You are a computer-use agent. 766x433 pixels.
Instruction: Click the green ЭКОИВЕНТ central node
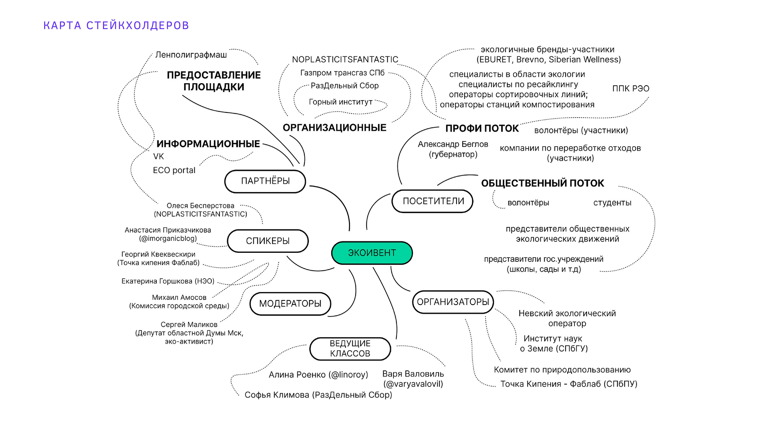[x=372, y=253]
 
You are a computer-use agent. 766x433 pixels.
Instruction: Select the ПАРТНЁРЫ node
[x=265, y=181]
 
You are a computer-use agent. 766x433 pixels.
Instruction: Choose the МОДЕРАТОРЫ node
[x=290, y=304]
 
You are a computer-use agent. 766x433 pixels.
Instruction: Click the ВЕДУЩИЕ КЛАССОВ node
[x=350, y=349]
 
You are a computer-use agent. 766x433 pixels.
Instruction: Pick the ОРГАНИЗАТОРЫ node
[x=453, y=302]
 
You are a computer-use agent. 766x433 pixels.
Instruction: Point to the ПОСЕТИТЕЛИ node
[x=433, y=201]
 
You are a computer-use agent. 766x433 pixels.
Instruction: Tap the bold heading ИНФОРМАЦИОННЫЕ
[x=208, y=144]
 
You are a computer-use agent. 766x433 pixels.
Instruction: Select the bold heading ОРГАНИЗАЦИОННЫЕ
[x=334, y=128]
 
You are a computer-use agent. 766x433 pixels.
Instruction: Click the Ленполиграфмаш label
[x=191, y=55]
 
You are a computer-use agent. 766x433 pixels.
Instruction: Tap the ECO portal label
[x=174, y=170]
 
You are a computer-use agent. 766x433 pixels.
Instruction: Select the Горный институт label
[x=341, y=102]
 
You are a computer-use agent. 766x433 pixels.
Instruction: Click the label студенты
[x=612, y=203]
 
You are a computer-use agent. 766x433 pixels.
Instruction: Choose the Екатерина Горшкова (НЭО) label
[x=168, y=281]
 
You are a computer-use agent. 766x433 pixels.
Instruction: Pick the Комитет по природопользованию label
[x=562, y=370]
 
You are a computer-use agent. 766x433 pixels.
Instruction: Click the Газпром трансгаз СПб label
[x=342, y=73]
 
